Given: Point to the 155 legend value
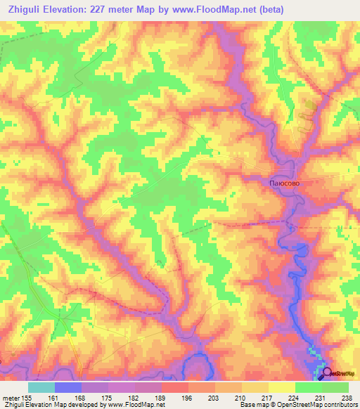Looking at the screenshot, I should tap(27, 397).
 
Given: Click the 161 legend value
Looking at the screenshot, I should tap(56, 397).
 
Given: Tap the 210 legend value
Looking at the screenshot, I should tap(242, 397).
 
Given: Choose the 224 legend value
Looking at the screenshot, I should tap(295, 397).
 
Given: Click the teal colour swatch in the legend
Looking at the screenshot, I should tap(41, 387).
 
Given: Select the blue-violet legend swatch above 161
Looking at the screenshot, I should tap(68, 387).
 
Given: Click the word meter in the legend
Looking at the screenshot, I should tap(10, 397).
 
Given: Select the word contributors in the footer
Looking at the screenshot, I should tap(339, 405).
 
